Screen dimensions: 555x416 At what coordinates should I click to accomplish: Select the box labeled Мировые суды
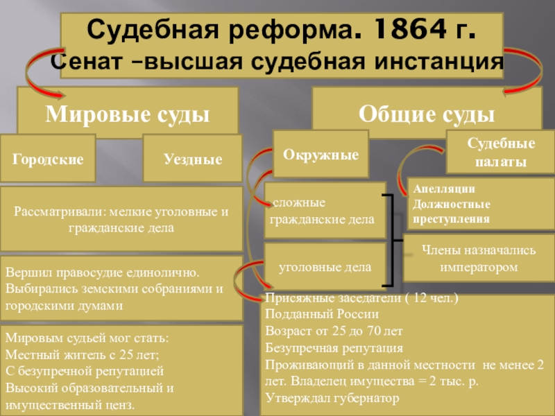128,111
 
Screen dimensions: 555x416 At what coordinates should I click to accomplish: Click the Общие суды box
426,111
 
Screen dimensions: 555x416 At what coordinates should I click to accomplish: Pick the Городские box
48,159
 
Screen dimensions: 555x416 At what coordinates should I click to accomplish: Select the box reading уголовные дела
325,266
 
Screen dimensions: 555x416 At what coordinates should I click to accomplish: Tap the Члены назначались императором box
479,258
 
